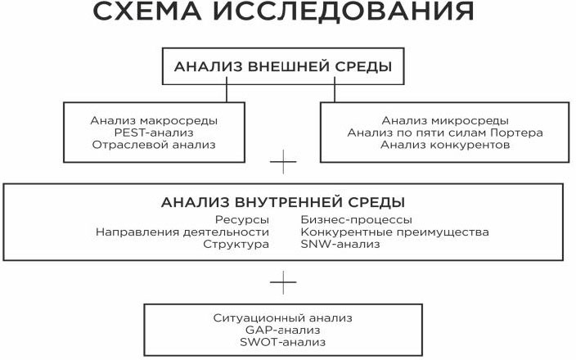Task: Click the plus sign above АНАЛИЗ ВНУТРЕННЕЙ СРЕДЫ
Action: point(282,163)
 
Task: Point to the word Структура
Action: point(236,244)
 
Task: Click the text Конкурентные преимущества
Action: point(394,232)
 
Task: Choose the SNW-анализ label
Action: point(340,244)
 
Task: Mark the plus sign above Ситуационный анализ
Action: point(282,282)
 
